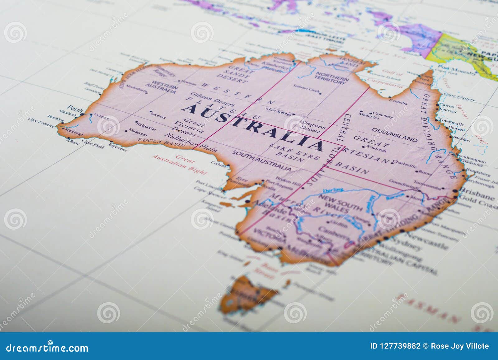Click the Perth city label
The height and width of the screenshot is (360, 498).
tap(75, 109)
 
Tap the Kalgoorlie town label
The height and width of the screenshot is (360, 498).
tap(146, 126)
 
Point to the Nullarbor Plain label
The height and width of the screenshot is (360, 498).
tap(190, 143)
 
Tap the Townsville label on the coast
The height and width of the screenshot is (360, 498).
tap(451, 122)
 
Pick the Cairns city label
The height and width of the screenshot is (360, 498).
tap(446, 106)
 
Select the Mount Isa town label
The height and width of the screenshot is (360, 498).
tap(369, 117)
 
